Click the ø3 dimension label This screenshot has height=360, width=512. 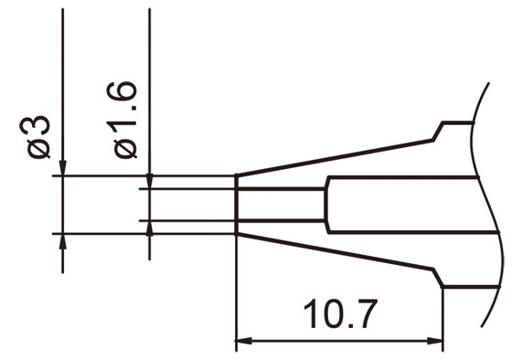[x=38, y=137]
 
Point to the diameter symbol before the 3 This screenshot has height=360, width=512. [x=38, y=149]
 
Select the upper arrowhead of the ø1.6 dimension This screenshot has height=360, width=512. [x=148, y=182]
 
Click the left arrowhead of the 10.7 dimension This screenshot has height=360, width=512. [x=244, y=343]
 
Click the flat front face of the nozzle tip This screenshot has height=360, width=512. [x=237, y=205]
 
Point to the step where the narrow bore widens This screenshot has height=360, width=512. [x=325, y=205]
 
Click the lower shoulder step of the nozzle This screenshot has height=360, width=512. [x=439, y=278]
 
